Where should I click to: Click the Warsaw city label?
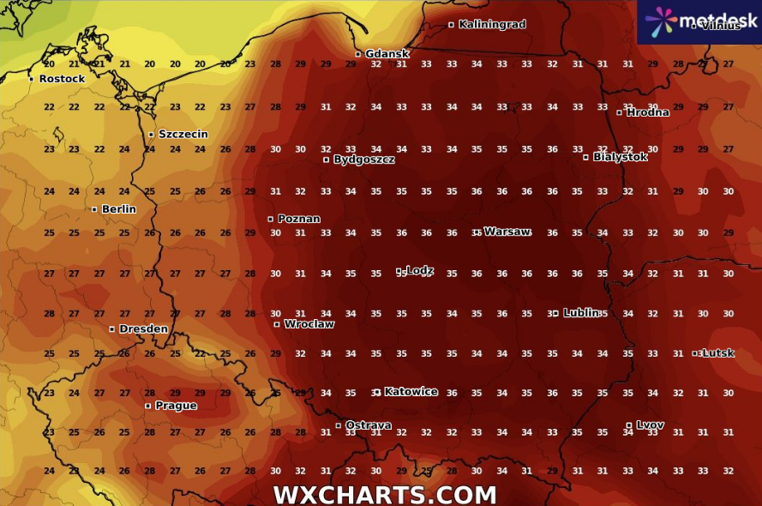[x=507, y=232]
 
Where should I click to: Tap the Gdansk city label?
[x=387, y=54]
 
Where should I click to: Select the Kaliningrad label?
[x=492, y=25]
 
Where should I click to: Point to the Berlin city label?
[x=118, y=209]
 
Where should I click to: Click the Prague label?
[x=176, y=406]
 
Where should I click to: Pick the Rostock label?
[x=62, y=79]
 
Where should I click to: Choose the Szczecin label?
[x=183, y=135]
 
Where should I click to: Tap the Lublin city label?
[x=581, y=313]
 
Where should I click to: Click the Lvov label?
[x=650, y=425]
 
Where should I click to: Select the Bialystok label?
[x=621, y=157]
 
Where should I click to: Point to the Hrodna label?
[x=647, y=112]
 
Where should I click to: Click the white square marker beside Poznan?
[x=271, y=220]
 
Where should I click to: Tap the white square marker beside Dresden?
[x=112, y=329]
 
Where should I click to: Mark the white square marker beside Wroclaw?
[x=277, y=324]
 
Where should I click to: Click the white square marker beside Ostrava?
[x=339, y=425]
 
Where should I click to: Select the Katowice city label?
[x=411, y=392]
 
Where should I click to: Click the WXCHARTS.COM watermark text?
[x=385, y=495]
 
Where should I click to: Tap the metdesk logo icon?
[x=661, y=21]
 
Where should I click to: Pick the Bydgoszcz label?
[x=363, y=160]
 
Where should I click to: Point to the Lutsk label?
[x=717, y=353]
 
